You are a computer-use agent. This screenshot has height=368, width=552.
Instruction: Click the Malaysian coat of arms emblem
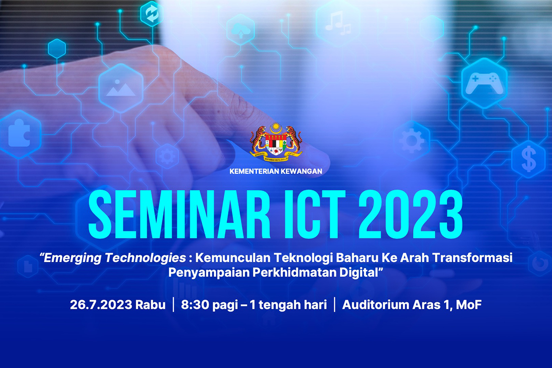[276, 141]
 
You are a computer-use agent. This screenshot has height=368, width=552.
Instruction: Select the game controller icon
[484, 83]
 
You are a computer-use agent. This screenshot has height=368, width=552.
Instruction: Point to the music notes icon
[338, 24]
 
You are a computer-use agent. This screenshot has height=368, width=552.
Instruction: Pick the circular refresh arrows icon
[152, 14]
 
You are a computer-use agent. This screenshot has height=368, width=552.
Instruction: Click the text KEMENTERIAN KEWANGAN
[276, 171]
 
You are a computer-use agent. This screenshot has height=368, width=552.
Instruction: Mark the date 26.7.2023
[101, 305]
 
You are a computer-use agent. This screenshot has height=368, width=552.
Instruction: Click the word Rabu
[151, 305]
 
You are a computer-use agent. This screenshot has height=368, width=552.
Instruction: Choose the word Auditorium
[375, 305]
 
